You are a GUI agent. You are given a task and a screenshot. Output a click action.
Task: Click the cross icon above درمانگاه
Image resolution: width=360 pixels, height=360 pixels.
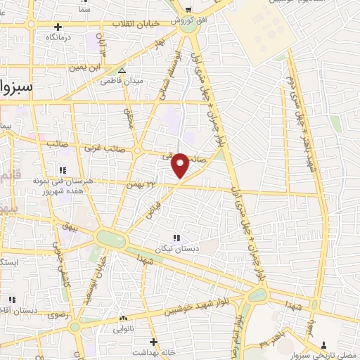coord(58,27)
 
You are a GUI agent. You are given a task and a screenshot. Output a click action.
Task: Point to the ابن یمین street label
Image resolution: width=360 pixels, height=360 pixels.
coord(84,67)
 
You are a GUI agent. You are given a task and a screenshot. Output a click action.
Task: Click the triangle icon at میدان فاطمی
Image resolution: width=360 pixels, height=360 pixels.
coord(122,71)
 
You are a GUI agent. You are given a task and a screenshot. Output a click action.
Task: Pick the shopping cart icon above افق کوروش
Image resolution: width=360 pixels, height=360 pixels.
coord(188,9)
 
